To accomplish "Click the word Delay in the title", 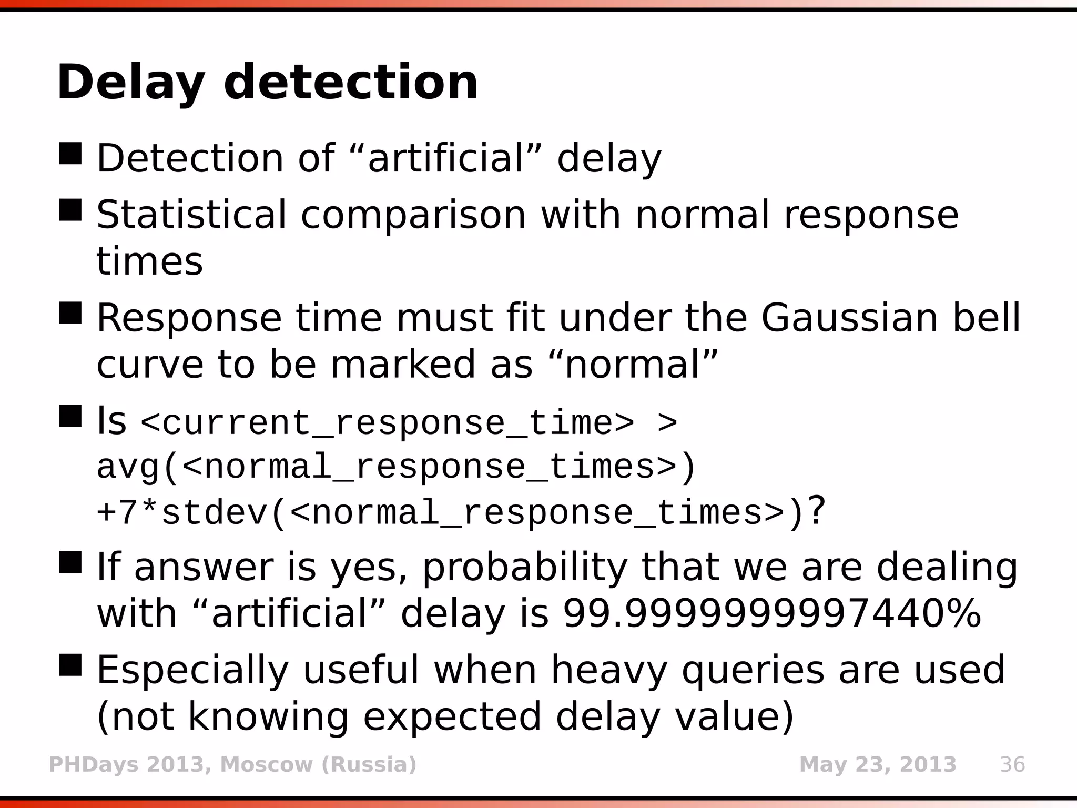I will coord(130,83).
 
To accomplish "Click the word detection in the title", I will coord(351,82).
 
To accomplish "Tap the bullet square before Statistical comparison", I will coord(70,210).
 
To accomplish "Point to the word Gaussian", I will coord(849,318).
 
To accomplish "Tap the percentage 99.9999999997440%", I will coord(772,613).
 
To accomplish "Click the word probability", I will coord(525,568).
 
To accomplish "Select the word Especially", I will coord(192,670).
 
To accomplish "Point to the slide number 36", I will coord(1012,764).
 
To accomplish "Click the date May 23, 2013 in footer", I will coord(877,764).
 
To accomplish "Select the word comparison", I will coord(413,216).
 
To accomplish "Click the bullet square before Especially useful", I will coord(70,665).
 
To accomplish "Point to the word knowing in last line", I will coord(268,716).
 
